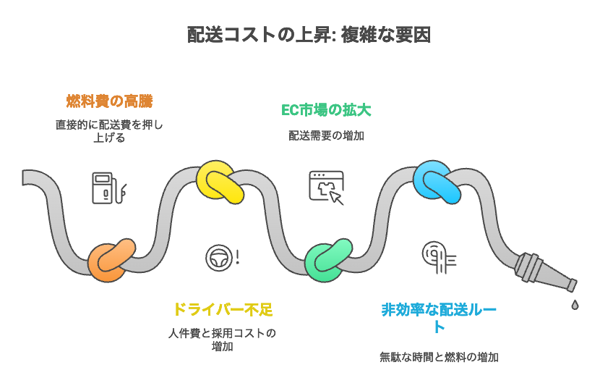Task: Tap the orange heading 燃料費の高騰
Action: coord(109,100)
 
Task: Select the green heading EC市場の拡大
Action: coord(326,110)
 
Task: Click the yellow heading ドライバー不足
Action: coord(222,309)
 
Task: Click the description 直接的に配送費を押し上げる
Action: coord(109,130)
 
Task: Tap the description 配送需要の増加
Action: coord(326,135)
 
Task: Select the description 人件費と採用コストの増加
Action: coord(222,340)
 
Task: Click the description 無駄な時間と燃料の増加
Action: coord(439,357)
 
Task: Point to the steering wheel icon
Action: coord(219,258)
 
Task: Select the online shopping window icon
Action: coord(327,187)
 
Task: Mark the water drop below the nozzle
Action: coord(575,304)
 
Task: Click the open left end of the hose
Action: coord(26,178)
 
